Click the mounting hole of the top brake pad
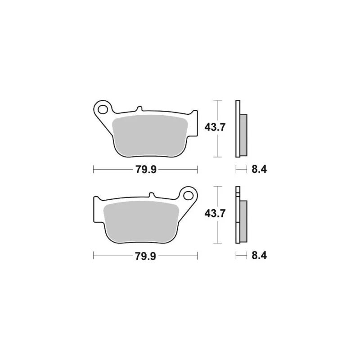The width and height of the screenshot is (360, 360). (103, 109)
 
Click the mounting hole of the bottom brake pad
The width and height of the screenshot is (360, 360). (188, 196)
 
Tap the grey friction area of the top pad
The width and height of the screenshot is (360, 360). (150, 136)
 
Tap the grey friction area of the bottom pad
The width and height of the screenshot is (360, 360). (141, 222)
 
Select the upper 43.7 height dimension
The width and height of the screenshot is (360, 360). (215, 127)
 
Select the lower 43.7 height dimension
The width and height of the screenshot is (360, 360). (215, 213)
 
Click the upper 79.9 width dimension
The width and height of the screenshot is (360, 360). (146, 170)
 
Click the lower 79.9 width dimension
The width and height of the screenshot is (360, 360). (146, 256)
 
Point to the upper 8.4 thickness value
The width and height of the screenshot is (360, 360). (259, 170)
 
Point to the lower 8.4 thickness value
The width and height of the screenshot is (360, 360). (259, 256)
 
